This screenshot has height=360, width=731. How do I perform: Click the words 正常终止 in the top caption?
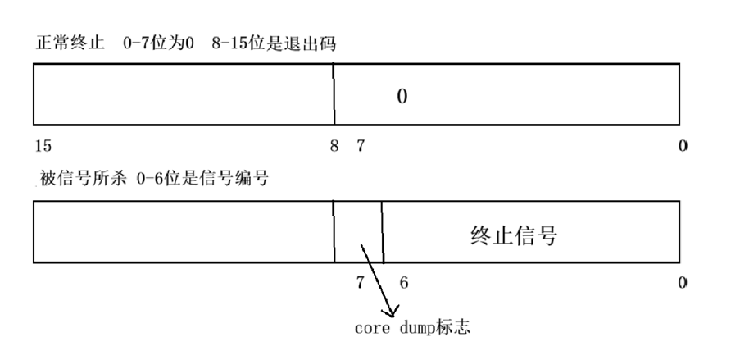[67, 45]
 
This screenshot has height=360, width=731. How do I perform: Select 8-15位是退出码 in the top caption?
[276, 45]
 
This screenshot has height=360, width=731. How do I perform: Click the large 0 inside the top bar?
[402, 97]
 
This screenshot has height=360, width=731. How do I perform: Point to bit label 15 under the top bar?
[43, 146]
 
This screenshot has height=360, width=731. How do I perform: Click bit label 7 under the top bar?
[361, 146]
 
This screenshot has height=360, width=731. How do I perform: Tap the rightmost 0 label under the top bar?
[683, 146]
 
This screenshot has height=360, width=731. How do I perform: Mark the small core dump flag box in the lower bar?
[359, 232]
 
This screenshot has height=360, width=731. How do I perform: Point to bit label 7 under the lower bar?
[360, 283]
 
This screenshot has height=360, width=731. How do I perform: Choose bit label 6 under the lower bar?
[402, 283]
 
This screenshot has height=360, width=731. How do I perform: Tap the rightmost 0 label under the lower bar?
[683, 283]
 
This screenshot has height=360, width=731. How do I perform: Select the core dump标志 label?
[411, 329]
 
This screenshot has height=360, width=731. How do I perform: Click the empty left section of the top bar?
[184, 93]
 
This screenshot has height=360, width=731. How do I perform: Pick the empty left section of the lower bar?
[184, 232]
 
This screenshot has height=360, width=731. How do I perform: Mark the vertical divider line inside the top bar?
[334, 93]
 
